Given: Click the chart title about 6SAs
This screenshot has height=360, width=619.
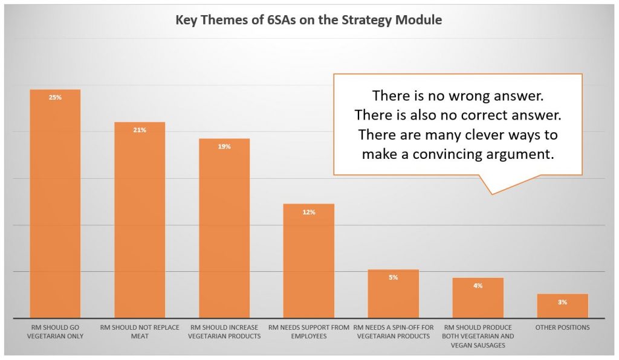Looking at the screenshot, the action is point(309,20).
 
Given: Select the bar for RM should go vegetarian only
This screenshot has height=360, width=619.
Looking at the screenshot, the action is point(55,204).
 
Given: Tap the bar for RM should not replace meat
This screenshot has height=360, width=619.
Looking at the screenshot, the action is point(140,220).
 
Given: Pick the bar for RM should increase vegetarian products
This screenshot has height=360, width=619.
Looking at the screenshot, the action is point(224,228).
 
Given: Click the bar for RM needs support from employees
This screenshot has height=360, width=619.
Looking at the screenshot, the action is point(309,260).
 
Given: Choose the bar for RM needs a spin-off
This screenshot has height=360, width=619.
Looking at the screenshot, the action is point(393,294).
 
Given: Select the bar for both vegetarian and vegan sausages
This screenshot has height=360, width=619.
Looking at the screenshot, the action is point(478,298).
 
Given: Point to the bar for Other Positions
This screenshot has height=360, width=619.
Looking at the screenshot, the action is point(563,306).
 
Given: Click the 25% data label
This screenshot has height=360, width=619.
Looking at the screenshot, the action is point(55,97).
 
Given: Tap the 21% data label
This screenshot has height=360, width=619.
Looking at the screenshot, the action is point(140,130).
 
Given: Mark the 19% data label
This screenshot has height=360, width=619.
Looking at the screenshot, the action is point(224,147).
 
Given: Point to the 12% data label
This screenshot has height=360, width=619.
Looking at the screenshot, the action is point(309,212).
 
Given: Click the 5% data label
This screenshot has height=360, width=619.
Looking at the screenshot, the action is point(393,278).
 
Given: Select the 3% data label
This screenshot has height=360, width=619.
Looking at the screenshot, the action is point(563,302).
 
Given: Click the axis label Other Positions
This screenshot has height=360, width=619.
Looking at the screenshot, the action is point(563,327).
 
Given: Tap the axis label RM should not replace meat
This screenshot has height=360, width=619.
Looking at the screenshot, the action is point(140,332).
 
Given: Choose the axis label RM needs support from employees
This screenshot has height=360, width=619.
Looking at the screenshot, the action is point(309,332).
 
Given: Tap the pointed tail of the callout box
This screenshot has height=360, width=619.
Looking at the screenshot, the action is point(492,194).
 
